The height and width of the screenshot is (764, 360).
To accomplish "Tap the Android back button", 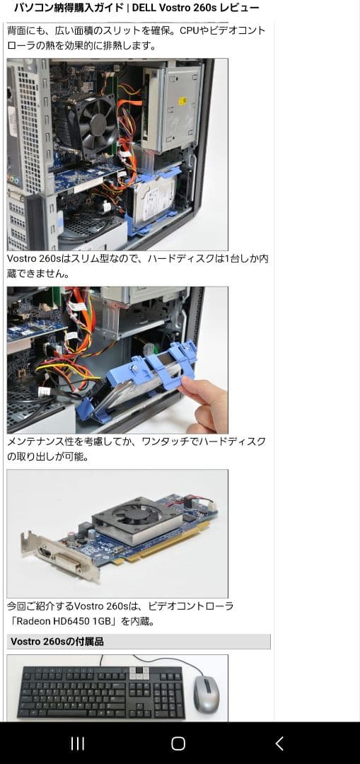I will [279, 743].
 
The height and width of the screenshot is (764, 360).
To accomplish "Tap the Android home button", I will [178, 743].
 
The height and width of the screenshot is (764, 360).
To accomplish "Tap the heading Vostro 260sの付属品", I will [57, 642].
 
